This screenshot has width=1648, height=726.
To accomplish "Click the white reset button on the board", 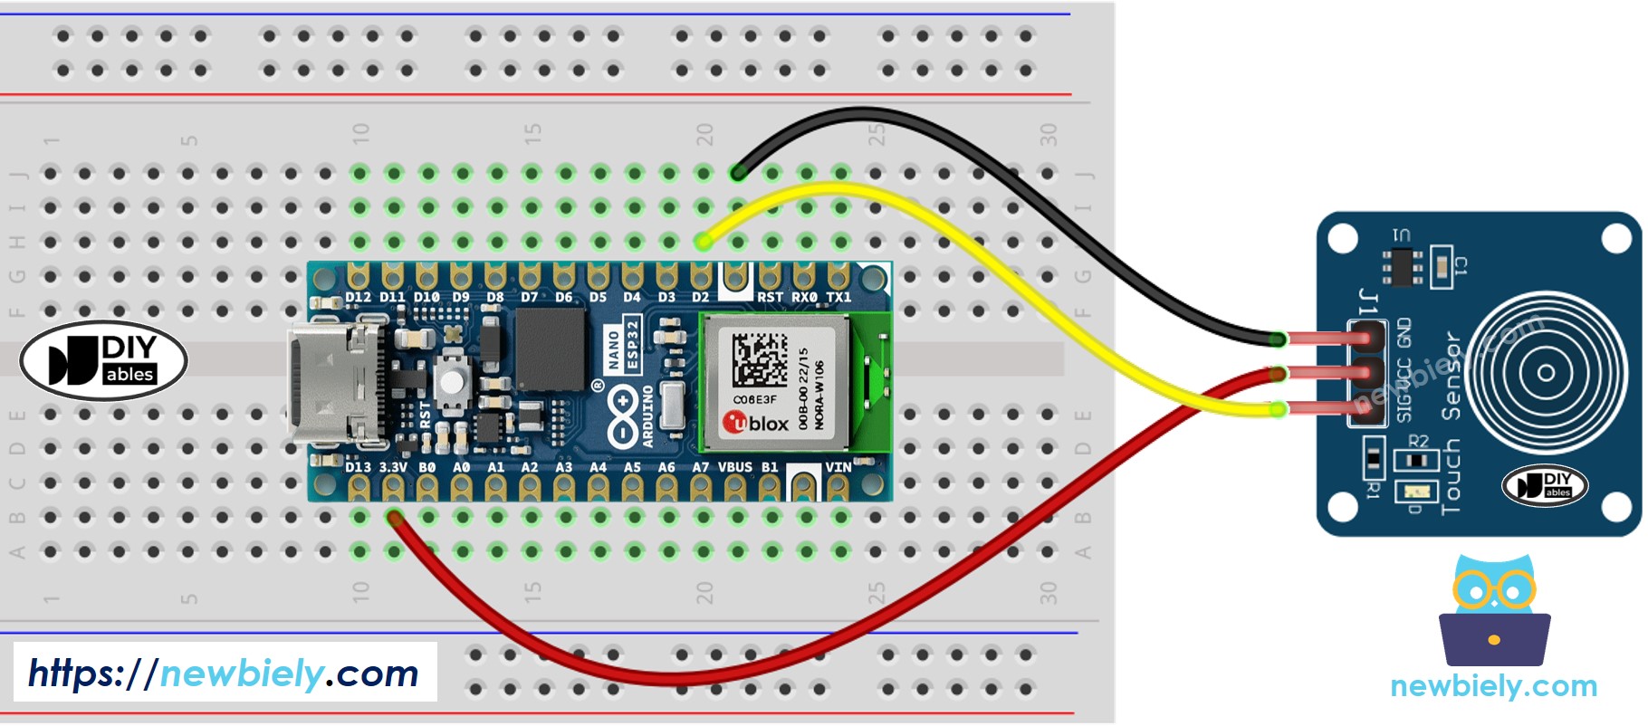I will pos(452,380).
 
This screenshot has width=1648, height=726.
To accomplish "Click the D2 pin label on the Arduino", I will pos(700,297).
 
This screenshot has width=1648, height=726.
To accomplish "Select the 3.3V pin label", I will pos(393,467).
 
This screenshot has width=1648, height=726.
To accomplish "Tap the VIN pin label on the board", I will pos(838,467).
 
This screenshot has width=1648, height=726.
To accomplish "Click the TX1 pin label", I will pos(838,297).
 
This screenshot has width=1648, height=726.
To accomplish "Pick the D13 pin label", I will pos(358,467).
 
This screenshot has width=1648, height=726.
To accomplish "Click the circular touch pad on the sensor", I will pos(1546,372).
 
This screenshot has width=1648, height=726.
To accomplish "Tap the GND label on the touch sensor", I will pos(1404,332).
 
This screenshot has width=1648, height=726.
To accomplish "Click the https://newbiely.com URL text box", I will pos(225,673).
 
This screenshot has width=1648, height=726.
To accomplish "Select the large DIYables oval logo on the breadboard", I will pos(103,360).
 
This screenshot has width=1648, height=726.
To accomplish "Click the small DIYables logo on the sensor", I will pos(1545,485).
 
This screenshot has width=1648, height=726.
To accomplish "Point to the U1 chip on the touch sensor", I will pos(1402,265).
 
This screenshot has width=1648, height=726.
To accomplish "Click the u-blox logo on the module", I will pos(756,423).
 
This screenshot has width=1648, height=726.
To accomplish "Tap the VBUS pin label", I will pos(734,467).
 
